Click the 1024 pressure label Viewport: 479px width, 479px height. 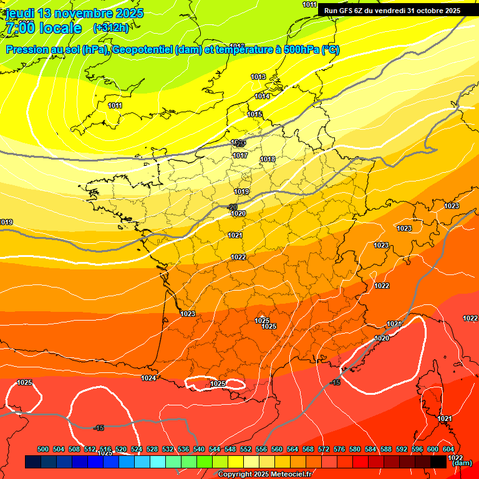(148, 378)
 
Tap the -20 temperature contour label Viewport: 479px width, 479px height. (232, 207)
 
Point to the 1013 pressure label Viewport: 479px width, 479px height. (258, 77)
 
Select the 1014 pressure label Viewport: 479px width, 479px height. (262, 96)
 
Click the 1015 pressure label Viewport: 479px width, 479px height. (254, 114)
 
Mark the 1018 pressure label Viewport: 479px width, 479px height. (268, 159)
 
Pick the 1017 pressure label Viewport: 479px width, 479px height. (240, 155)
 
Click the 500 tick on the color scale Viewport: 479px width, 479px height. (43, 449)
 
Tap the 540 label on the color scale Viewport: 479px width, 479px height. (199, 449)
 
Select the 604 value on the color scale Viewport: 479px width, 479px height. (448, 449)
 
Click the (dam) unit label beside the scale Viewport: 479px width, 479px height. (462, 463)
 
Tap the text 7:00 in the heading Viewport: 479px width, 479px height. (20, 28)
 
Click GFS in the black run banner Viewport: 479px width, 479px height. (347, 11)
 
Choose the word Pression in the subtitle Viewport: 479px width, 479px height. (26, 50)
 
